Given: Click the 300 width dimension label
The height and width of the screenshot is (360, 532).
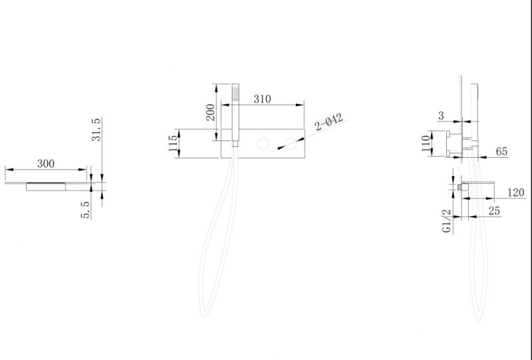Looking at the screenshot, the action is tap(46, 164).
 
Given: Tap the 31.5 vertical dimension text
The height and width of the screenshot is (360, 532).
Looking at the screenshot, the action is tap(96, 129).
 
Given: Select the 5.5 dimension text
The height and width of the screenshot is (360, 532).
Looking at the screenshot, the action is tap(86, 210).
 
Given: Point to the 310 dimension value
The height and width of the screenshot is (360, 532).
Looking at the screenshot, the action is tap(262, 99).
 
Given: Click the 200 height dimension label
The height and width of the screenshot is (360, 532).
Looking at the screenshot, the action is tap(210, 112).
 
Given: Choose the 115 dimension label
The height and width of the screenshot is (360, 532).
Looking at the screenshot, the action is tap(173, 143).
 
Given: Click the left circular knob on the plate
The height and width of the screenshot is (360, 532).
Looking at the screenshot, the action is tap(263, 144).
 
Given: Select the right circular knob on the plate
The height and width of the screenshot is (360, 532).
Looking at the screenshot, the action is tap(291, 144).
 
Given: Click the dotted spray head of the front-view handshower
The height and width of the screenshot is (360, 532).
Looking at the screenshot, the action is tap(235, 92).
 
